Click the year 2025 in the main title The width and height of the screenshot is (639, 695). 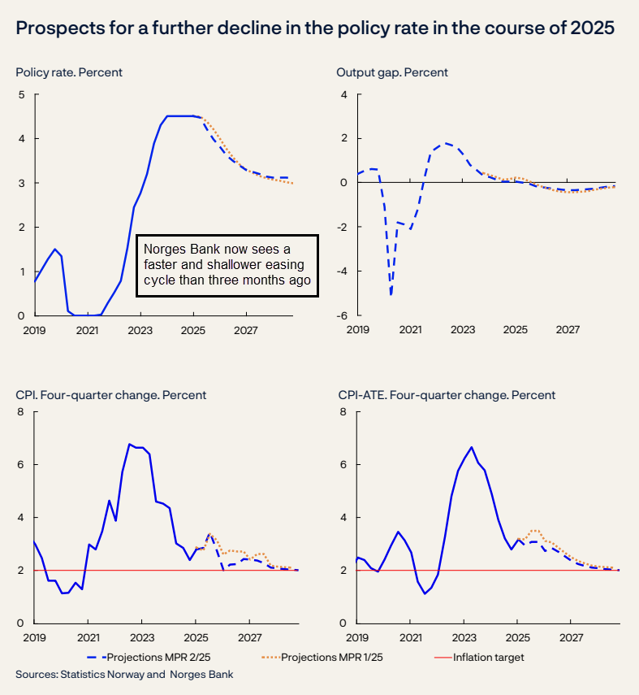tap(594, 28)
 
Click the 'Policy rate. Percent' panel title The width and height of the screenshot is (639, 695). tap(69, 72)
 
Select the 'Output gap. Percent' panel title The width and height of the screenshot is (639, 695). tap(392, 72)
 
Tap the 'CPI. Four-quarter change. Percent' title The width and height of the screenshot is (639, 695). tap(111, 395)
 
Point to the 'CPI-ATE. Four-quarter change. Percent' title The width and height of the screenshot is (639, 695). tap(447, 395)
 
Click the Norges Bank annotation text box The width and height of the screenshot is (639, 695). tap(227, 265)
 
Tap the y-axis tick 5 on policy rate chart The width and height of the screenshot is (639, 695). tap(22, 94)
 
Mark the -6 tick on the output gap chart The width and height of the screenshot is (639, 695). tap(343, 315)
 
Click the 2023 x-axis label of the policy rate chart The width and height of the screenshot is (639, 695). tap(140, 331)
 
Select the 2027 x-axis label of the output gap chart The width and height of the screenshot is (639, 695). tap(568, 331)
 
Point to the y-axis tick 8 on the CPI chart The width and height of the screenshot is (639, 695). tap(22, 411)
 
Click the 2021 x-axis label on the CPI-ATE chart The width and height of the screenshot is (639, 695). tap(410, 639)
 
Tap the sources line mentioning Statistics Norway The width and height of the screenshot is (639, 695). tap(124, 675)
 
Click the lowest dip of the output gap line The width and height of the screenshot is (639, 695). tap(391, 294)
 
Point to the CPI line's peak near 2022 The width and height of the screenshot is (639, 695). tap(129, 444)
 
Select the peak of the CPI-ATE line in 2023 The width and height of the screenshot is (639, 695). tap(472, 446)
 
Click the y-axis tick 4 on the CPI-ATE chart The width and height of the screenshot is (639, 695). tap(343, 517)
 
